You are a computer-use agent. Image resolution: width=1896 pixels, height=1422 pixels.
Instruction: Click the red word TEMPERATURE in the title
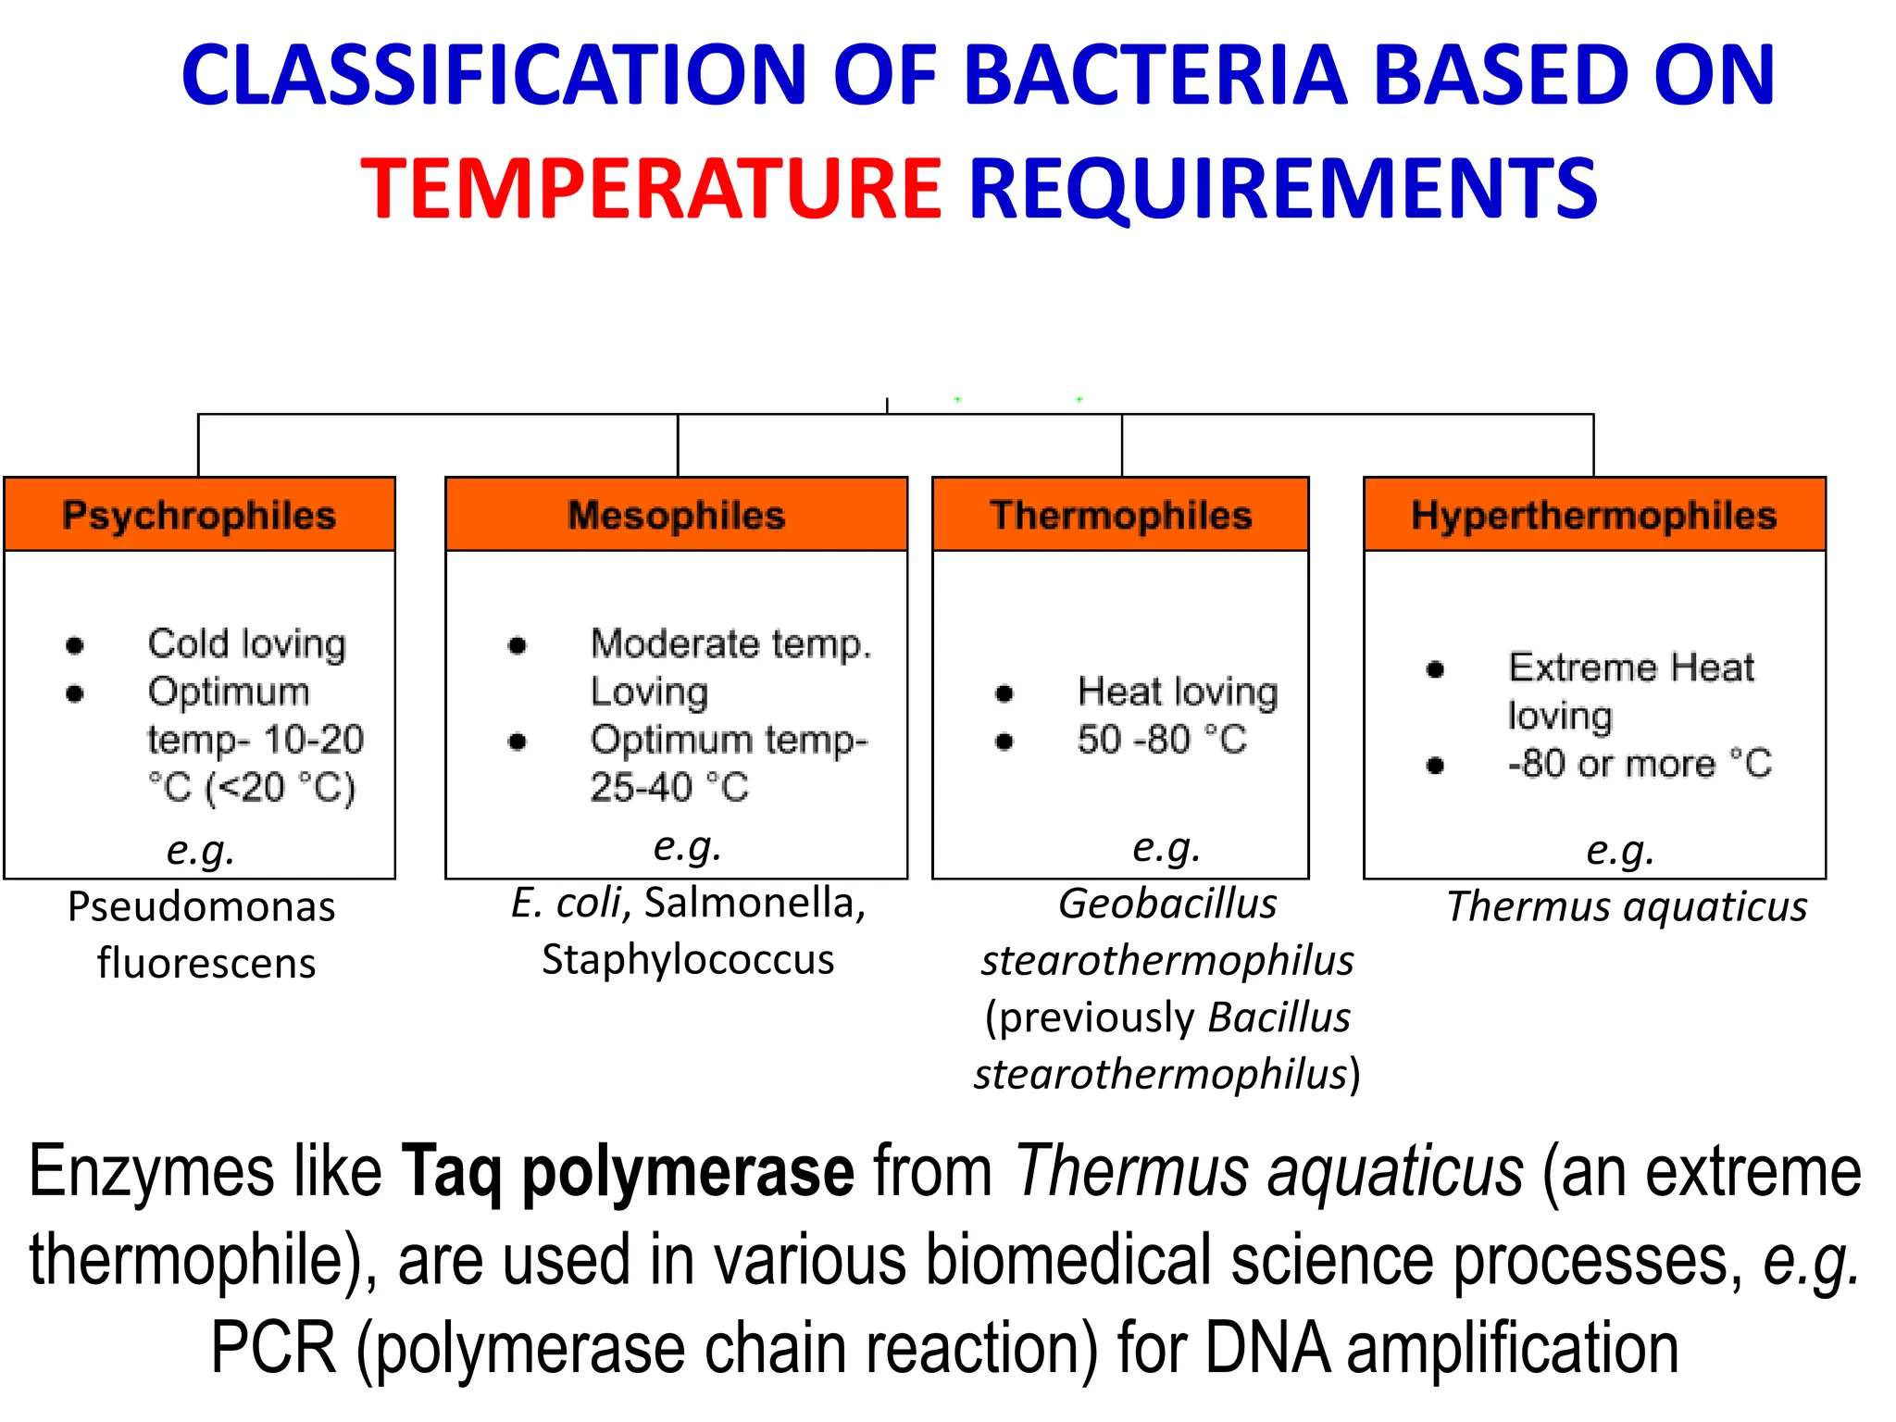651,189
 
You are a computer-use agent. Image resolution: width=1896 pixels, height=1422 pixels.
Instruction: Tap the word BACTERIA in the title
1154,75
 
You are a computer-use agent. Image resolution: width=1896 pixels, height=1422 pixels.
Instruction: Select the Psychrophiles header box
199,515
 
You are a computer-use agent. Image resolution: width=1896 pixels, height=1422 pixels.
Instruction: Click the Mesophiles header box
676,515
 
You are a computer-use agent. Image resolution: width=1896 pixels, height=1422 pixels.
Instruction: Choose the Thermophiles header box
1120,515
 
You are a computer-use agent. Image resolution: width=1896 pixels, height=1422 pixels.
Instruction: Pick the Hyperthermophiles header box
1593,515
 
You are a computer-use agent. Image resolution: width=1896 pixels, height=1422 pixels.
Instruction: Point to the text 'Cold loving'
246,643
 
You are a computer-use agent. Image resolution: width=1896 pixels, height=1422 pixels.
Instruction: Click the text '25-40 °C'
668,788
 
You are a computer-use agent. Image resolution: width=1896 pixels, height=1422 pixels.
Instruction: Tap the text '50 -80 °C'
1162,740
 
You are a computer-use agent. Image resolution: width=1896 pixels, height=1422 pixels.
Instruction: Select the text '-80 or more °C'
1639,764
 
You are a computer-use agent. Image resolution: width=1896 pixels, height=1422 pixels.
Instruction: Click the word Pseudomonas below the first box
201,907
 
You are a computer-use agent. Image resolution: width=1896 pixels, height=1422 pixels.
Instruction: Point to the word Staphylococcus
688,960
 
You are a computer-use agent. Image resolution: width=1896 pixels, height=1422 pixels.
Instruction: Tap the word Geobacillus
1167,904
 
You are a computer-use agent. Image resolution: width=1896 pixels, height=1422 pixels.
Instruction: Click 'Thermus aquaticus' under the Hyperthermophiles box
1627,907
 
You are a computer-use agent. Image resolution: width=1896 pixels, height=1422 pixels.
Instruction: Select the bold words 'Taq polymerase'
628,1172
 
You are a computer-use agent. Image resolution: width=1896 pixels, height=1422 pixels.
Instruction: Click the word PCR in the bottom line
273,1348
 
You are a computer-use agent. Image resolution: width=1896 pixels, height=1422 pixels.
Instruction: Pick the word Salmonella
755,904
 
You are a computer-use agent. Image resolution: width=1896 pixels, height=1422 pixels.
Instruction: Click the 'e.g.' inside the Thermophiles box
1166,847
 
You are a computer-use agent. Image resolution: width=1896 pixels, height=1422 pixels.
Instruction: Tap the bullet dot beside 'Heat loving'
1004,692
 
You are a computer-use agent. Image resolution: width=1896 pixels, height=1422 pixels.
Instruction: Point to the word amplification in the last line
1513,1348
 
